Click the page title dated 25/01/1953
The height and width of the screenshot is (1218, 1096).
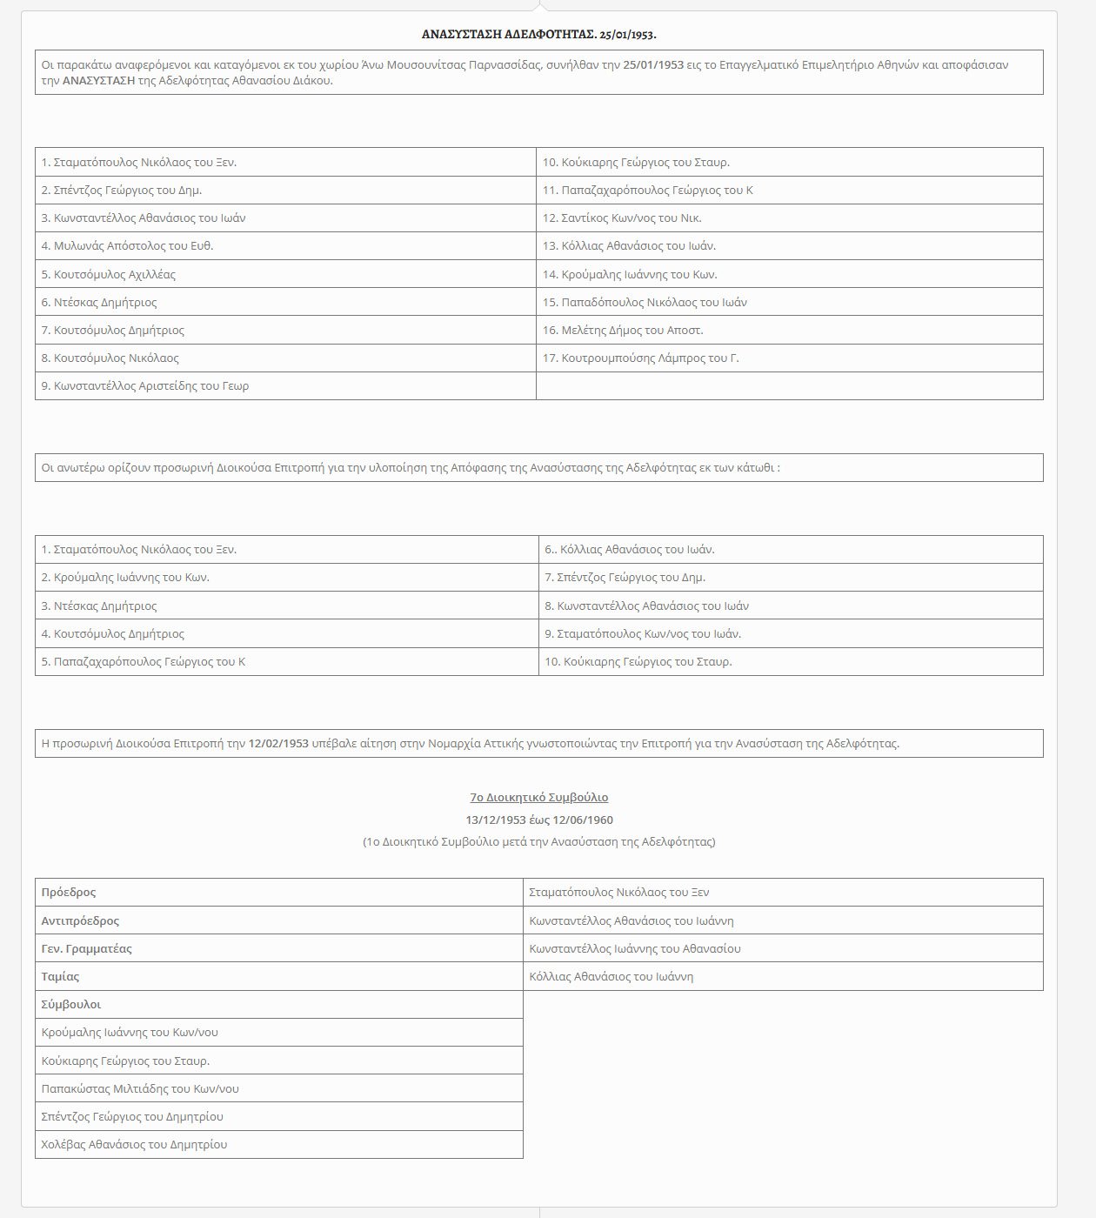538,34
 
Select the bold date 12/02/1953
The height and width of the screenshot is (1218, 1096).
278,744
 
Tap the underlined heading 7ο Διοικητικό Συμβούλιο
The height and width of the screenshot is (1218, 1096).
538,797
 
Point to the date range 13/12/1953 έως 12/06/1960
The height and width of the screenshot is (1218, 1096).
538,820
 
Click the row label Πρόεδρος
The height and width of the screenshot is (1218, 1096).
69,893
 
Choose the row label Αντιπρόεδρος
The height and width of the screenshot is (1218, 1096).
80,920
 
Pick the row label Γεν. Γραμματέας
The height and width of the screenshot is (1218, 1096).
87,948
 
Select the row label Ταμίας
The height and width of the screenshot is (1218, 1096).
60,976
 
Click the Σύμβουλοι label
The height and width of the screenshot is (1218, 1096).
71,1004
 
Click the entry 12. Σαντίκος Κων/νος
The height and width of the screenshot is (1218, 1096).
622,218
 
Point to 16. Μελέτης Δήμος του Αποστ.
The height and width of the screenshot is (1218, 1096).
623,330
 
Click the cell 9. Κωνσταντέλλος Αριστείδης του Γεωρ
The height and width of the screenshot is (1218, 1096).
145,385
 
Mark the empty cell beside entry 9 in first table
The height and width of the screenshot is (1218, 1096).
789,385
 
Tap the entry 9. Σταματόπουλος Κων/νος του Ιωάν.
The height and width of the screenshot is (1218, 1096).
643,633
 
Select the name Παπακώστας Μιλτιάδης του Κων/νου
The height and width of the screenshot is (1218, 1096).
140,1088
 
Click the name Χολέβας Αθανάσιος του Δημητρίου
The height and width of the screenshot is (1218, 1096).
134,1144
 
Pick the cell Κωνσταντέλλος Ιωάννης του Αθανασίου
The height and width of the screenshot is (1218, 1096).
635,948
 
